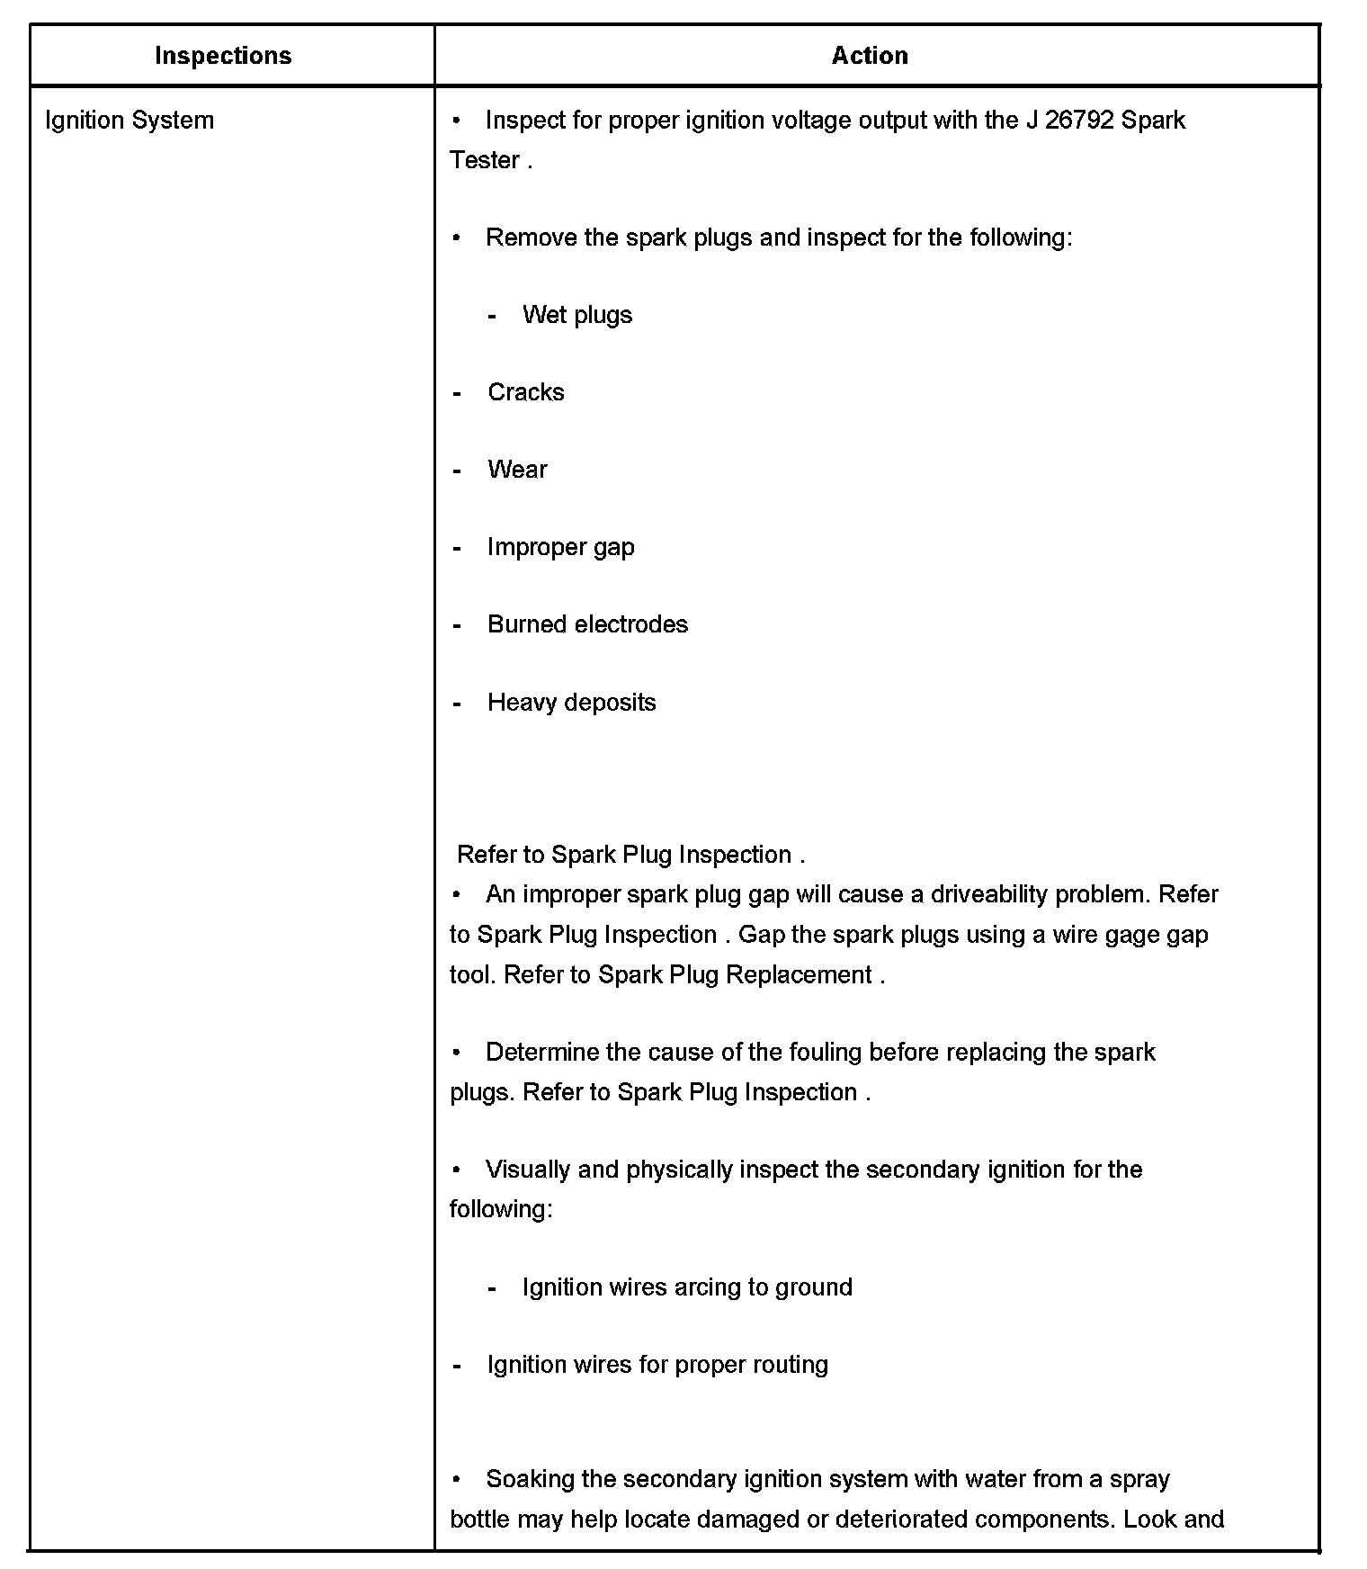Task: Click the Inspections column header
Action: [223, 56]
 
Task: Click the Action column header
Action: [869, 56]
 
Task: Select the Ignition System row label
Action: [130, 121]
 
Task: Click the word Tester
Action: [485, 160]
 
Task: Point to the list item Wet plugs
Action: [576, 315]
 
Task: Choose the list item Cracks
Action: [525, 392]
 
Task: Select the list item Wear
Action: [517, 470]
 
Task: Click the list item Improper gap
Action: [560, 547]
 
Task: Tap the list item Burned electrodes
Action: [587, 624]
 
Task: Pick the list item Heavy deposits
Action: [571, 703]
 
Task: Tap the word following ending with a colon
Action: [501, 1208]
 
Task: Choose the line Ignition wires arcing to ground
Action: [687, 1287]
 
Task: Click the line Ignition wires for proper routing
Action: [657, 1365]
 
